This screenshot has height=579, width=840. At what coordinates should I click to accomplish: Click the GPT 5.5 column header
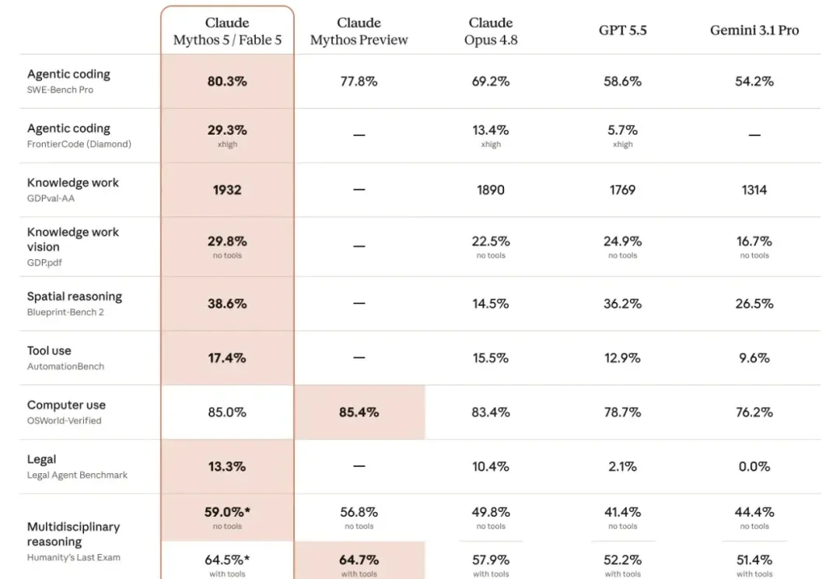click(x=622, y=30)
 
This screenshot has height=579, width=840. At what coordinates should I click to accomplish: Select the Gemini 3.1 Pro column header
click(x=754, y=30)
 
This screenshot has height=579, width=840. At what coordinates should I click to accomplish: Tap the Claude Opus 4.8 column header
click(x=491, y=31)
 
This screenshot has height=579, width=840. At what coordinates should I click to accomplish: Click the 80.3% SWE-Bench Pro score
click(x=227, y=82)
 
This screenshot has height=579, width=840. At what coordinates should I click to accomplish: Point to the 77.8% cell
click(x=359, y=82)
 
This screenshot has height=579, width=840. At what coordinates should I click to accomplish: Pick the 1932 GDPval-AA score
click(x=227, y=190)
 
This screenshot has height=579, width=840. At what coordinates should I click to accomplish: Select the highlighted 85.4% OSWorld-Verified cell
click(x=359, y=412)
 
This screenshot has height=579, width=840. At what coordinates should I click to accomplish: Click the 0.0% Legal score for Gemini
click(x=754, y=466)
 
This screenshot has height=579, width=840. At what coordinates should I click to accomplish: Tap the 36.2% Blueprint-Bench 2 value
click(x=622, y=304)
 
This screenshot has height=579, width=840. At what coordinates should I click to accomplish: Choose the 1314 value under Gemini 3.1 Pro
click(x=754, y=190)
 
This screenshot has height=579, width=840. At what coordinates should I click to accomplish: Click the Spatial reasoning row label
click(x=75, y=297)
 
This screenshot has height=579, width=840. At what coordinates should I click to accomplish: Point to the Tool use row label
click(x=49, y=351)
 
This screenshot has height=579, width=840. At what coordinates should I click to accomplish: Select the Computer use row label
click(x=66, y=405)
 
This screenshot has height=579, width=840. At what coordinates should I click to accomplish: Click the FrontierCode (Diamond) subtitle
click(x=79, y=144)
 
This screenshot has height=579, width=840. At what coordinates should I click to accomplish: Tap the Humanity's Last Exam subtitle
click(x=74, y=557)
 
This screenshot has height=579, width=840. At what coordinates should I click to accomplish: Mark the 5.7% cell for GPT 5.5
click(x=622, y=130)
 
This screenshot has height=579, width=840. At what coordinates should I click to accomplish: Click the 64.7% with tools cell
click(x=359, y=560)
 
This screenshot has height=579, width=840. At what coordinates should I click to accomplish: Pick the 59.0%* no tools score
click(x=227, y=513)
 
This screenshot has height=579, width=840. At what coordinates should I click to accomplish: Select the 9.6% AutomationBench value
click(x=754, y=358)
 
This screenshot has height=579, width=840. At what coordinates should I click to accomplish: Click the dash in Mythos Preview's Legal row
click(x=359, y=466)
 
